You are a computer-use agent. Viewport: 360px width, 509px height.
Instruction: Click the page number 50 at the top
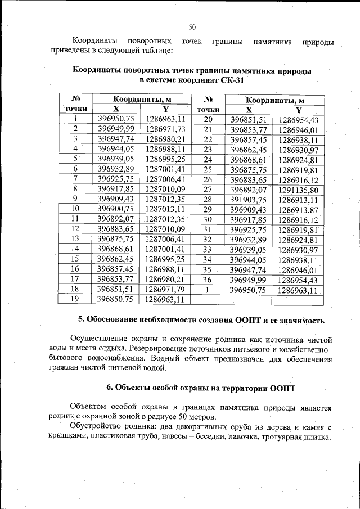pos(192,26)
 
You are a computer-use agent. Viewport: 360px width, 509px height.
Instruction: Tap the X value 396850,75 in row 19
pos(116,299)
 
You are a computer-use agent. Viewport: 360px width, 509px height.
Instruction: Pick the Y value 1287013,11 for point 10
pos(165,209)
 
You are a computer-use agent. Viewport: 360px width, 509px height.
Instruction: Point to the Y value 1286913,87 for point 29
pos(298,209)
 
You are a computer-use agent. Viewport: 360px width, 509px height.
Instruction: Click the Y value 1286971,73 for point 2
pos(165,129)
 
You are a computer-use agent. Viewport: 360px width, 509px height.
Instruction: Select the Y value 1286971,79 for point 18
pos(165,289)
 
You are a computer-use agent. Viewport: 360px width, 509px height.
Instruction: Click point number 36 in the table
pos(208,280)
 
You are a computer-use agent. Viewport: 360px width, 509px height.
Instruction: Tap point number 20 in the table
pos(208,119)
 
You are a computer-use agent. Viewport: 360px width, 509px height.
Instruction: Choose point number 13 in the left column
pos(75,238)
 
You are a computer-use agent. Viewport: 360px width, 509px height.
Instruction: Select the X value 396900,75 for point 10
pos(116,209)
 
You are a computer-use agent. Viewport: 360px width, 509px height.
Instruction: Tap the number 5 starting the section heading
pos(81,320)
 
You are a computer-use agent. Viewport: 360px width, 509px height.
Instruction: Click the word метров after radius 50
pos(200,418)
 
